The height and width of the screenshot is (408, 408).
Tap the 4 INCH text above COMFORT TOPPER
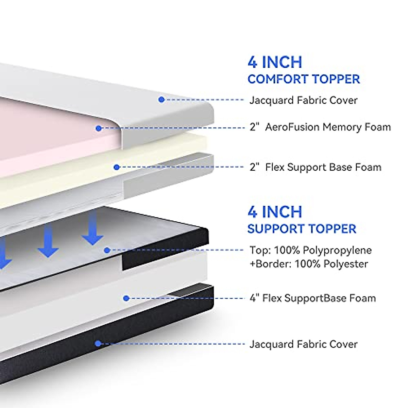click(x=275, y=62)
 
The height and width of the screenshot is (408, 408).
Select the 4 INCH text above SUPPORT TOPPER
click(x=275, y=212)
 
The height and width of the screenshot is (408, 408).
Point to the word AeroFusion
click(x=292, y=127)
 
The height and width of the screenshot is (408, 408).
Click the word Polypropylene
click(x=337, y=251)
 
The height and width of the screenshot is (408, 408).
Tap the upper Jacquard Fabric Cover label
click(x=303, y=100)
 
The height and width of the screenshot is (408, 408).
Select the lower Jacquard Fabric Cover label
click(x=303, y=344)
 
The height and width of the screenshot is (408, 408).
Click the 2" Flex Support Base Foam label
click(x=316, y=167)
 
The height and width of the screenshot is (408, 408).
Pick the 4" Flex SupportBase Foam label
click(x=313, y=299)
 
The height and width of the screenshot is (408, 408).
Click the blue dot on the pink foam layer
click(x=99, y=128)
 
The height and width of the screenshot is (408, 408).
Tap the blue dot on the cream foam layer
click(x=117, y=167)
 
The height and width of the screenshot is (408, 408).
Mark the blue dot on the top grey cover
click(x=161, y=99)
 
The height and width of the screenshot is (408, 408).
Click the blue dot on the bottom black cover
click(x=98, y=343)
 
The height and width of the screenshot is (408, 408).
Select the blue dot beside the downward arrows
click(x=107, y=250)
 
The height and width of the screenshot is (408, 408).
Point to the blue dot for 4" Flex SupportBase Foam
click(x=126, y=298)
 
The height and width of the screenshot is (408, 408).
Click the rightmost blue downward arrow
click(x=93, y=231)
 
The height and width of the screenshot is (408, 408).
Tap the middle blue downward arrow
click(x=48, y=243)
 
